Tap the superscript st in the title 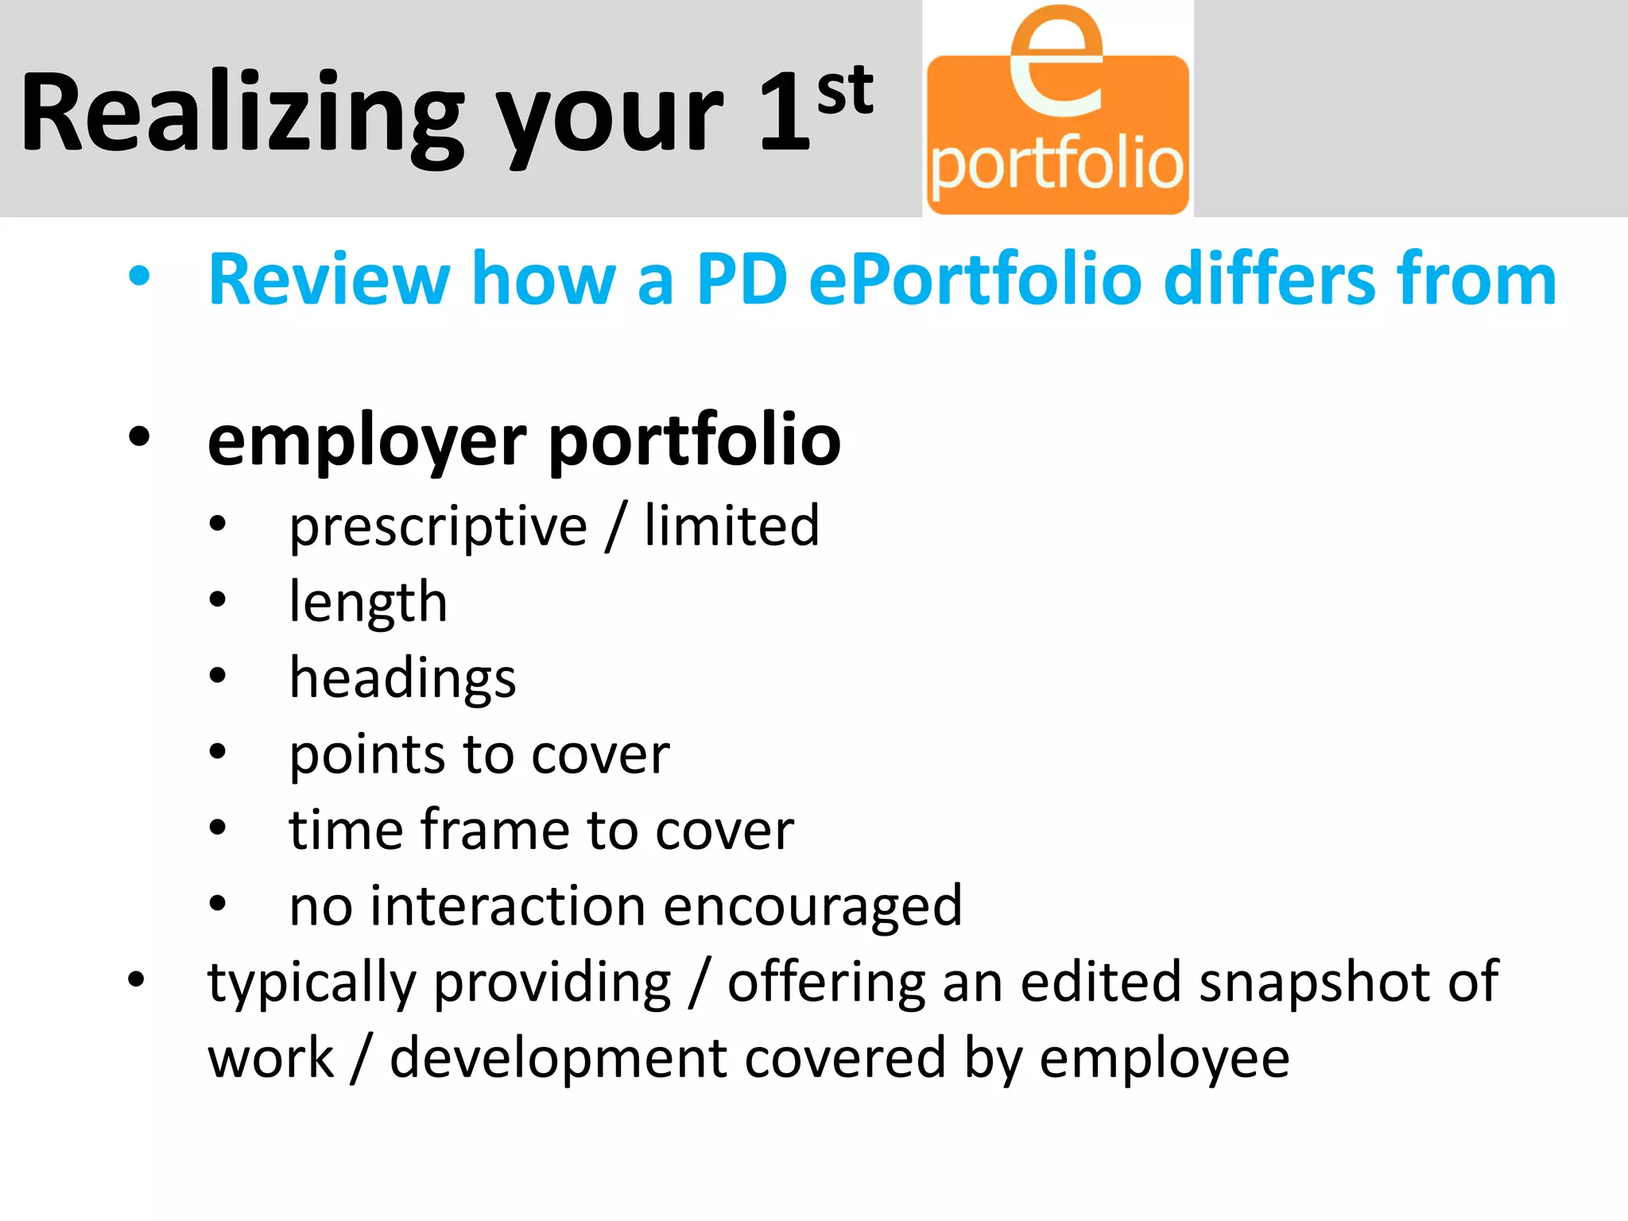845,90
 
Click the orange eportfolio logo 1057,135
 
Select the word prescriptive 438,527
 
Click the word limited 731,525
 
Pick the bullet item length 368,603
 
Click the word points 366,754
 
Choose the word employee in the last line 1165,1060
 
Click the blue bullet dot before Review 139,277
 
